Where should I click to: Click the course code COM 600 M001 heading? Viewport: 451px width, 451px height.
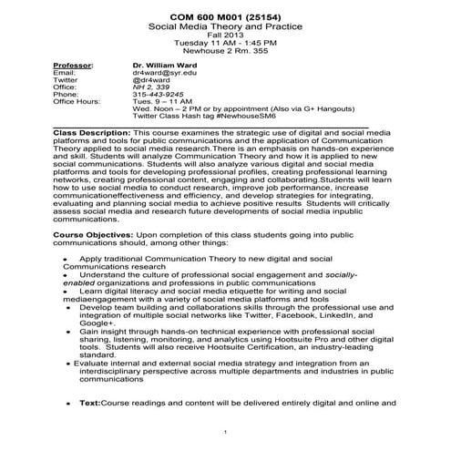[225, 18]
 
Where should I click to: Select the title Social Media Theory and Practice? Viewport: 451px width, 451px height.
[225, 29]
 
